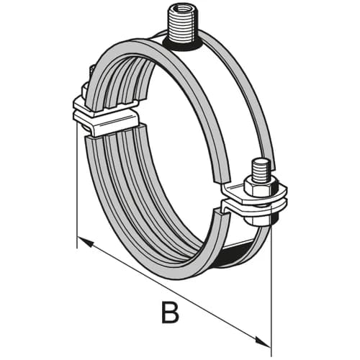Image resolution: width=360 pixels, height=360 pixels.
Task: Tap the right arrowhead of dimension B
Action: tap(262, 342)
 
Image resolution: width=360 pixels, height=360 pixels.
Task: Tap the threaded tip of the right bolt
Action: tap(260, 171)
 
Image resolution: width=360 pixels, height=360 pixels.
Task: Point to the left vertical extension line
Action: tap(76, 185)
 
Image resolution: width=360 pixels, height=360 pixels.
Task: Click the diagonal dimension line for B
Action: tap(174, 292)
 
